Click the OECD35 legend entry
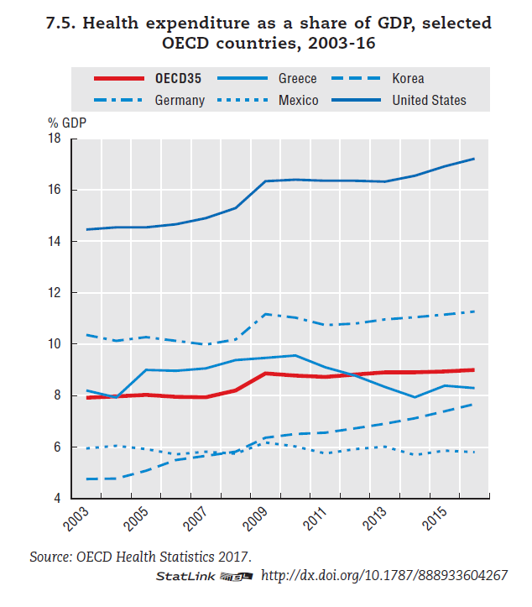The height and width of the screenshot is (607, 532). click(177, 79)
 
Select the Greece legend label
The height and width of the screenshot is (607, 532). click(297, 79)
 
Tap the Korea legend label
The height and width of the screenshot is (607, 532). click(408, 79)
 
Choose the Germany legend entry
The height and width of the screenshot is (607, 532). click(179, 101)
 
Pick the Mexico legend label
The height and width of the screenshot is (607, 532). click(298, 101)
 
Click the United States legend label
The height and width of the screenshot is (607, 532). click(429, 101)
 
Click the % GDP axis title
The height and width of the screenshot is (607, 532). click(66, 121)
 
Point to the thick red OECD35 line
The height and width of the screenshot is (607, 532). click(336, 375)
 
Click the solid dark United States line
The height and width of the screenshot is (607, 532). click(336, 180)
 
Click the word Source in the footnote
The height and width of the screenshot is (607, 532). click(48, 557)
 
